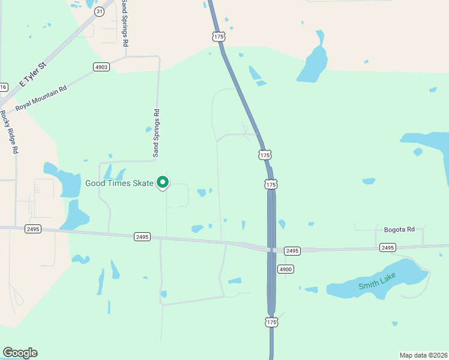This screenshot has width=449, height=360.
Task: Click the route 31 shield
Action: coord(99,11)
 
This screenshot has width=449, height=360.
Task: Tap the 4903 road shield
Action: coord(101,67)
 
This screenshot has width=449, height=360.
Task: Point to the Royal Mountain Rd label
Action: coord(41,97)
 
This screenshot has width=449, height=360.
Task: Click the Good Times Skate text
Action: coord(119,183)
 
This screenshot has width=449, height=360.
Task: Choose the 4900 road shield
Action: coord(285,269)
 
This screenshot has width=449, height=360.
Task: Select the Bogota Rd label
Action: coord(399,230)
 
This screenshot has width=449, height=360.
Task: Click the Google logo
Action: coord(20,353)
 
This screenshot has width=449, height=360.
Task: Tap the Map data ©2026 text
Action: coord(423,355)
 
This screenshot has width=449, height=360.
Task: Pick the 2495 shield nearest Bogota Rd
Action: coord(388,247)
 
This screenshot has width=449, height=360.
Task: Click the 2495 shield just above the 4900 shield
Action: coord(292,250)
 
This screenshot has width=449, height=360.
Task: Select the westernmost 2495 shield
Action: coord(33,229)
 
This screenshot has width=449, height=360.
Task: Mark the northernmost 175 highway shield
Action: coord(218,37)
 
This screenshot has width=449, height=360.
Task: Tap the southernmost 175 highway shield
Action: coord(272,322)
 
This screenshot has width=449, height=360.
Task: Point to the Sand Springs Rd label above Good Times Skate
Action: coord(156,133)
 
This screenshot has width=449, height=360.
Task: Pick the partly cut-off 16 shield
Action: coord(3,87)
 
